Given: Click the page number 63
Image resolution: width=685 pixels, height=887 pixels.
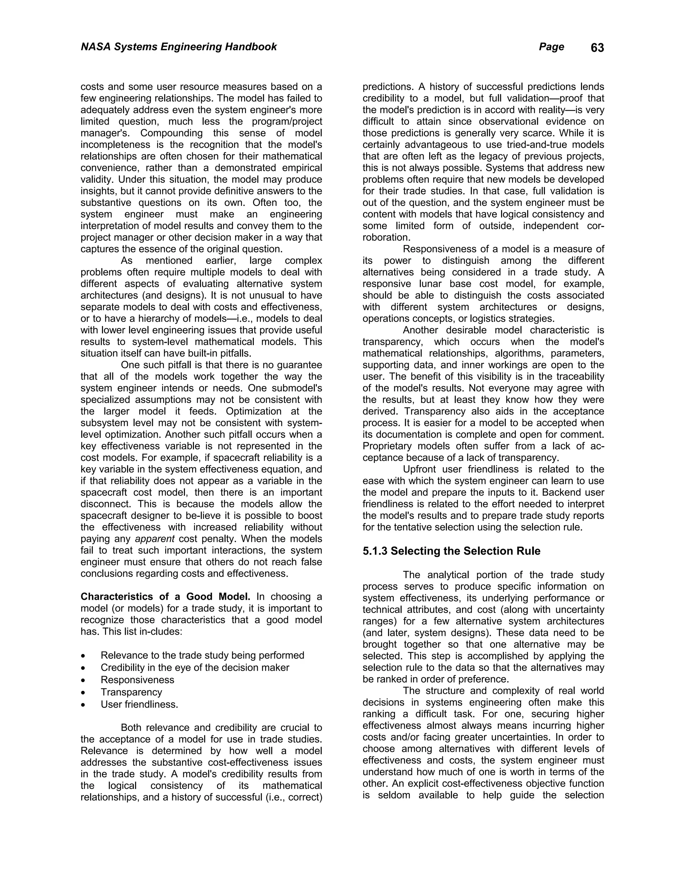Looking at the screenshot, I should pos(597,48).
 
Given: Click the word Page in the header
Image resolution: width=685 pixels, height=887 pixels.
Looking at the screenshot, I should pos(551,47).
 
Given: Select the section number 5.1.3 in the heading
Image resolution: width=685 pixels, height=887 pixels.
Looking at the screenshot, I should pos(375,551).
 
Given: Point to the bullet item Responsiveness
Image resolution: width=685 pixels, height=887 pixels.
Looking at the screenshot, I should pos(137,680).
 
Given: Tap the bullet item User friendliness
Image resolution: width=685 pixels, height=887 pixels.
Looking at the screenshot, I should pos(139,704).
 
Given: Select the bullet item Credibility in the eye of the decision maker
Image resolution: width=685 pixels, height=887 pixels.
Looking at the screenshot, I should pos(195,668).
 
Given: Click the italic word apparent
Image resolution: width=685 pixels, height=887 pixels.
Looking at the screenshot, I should pos(155,539).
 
